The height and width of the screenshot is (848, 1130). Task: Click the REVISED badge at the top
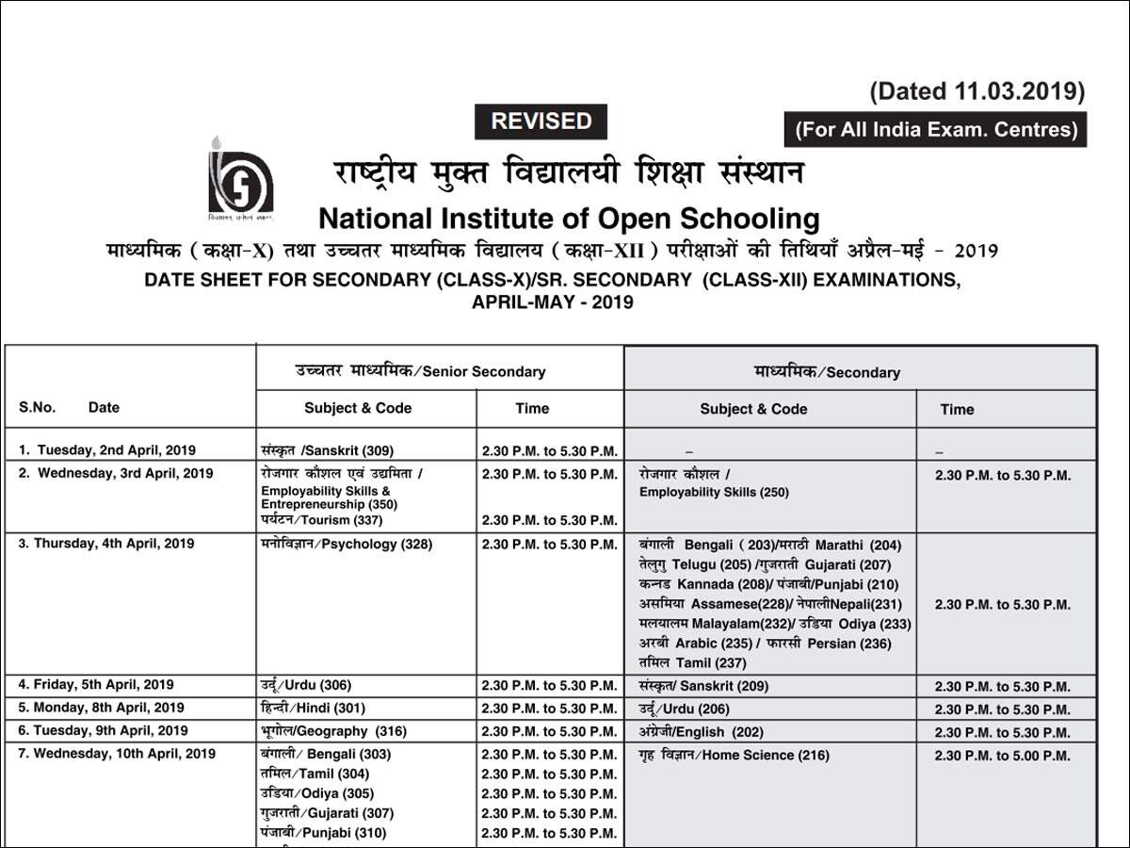[x=541, y=122]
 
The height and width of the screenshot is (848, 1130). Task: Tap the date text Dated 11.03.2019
[x=977, y=91]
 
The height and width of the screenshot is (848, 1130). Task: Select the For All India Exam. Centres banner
[x=935, y=130]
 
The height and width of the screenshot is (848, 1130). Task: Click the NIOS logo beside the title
[x=240, y=179]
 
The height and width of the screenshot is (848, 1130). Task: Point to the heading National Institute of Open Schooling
[x=569, y=219]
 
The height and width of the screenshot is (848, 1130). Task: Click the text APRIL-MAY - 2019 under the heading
[x=553, y=302]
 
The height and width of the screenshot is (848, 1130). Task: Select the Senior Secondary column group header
[x=420, y=371]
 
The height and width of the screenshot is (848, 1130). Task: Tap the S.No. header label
[x=38, y=408]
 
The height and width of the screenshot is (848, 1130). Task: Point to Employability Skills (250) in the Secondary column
[x=714, y=492]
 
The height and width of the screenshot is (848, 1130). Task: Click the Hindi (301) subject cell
[x=312, y=708]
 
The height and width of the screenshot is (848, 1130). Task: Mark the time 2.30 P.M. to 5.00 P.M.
[x=1002, y=756]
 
